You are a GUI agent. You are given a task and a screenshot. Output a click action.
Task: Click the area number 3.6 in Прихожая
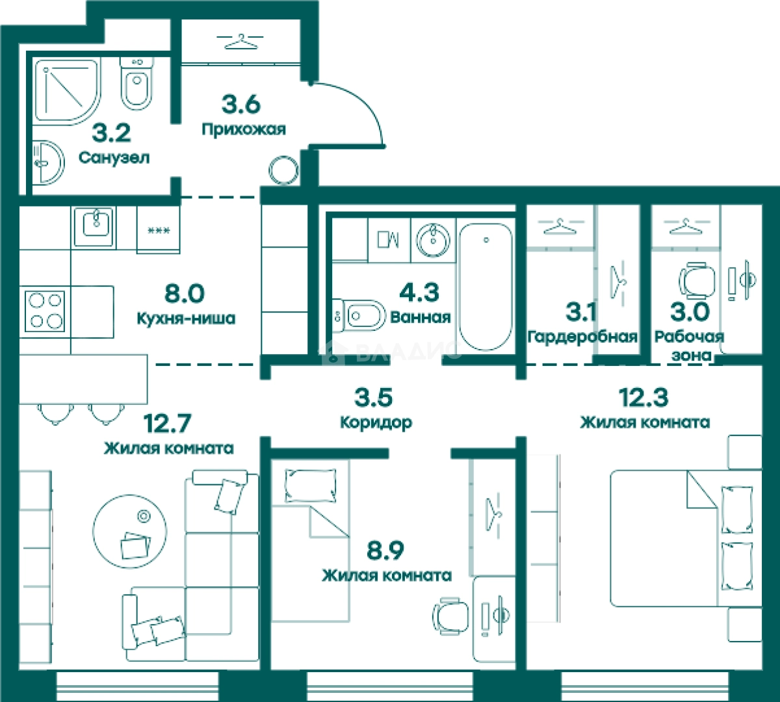[x=240, y=105]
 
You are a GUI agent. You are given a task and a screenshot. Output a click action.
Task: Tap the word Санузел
[x=114, y=158]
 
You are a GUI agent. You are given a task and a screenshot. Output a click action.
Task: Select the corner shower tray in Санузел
[x=66, y=92]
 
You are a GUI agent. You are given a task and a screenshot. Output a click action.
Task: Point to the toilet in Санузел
[x=136, y=83]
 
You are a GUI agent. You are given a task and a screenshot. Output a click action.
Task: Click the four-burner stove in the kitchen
[x=45, y=311]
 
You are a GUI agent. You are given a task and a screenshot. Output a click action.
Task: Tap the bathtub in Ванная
[x=486, y=287]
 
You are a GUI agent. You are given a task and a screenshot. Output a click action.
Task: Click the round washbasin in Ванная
[x=433, y=240]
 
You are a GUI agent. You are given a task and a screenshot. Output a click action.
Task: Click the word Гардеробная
[x=582, y=337]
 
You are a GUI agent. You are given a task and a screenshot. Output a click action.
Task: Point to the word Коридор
[x=376, y=422]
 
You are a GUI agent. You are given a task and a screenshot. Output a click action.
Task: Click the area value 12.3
[x=643, y=398]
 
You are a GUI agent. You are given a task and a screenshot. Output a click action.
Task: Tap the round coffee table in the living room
[x=130, y=532]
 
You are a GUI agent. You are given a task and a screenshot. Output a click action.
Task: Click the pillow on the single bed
[x=310, y=486]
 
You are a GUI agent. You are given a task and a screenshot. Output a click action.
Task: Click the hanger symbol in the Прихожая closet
[x=241, y=42]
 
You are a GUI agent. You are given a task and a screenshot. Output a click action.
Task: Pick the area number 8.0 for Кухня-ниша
[x=185, y=293]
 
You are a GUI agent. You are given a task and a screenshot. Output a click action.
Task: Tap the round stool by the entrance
[x=283, y=170]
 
